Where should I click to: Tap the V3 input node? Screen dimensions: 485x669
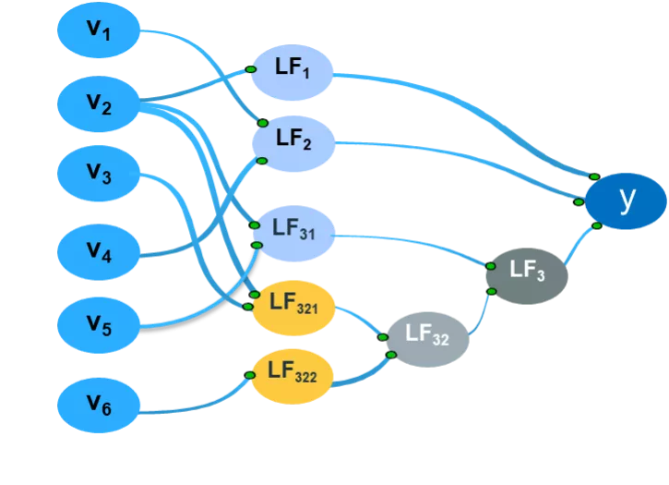click(99, 175)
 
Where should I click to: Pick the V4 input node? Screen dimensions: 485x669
click(99, 249)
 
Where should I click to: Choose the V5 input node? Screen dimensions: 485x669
click(99, 323)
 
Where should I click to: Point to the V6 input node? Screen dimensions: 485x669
click(99, 403)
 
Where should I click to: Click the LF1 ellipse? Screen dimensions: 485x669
click(292, 72)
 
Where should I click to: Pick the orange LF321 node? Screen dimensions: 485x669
click(293, 303)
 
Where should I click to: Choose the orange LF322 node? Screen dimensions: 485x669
click(293, 375)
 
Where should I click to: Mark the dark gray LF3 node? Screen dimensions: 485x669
click(527, 274)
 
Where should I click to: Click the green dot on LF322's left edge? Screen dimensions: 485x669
click(251, 375)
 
